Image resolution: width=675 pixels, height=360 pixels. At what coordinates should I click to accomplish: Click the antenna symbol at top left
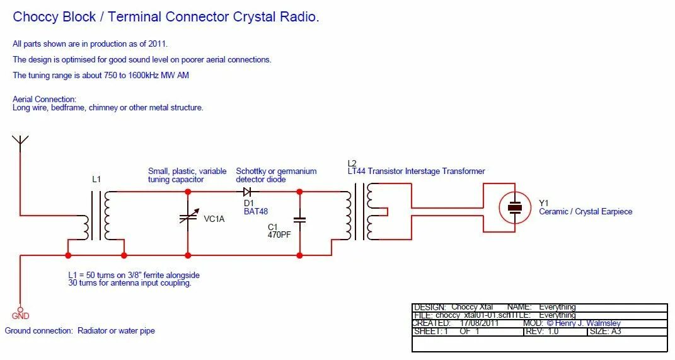pyautogui.click(x=20, y=142)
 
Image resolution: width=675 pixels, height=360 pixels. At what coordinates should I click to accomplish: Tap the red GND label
pyautogui.click(x=20, y=316)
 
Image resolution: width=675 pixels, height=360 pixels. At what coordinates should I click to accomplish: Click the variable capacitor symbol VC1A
pyautogui.click(x=188, y=218)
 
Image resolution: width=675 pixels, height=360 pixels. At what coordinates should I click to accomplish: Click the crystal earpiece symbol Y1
pyautogui.click(x=516, y=207)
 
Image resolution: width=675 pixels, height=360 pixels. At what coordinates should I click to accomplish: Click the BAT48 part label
pyautogui.click(x=256, y=211)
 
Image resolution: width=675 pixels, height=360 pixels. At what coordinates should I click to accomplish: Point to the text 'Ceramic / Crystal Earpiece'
pyautogui.click(x=585, y=212)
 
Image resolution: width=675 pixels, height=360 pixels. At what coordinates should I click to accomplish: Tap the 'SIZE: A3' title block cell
pyautogui.click(x=608, y=332)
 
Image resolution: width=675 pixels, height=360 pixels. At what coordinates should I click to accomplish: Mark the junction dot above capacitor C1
pyautogui.click(x=299, y=191)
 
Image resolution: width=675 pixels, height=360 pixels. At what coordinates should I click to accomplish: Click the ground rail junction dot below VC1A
pyautogui.click(x=188, y=255)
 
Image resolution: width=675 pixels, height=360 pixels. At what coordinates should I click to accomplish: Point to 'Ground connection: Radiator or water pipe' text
pyautogui.click(x=80, y=331)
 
